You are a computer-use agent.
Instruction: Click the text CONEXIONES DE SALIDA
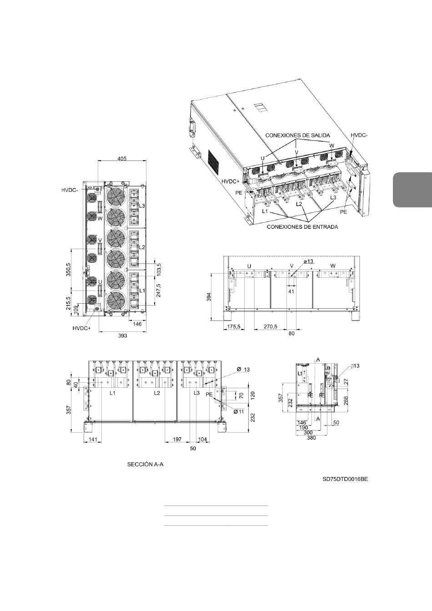[297, 135]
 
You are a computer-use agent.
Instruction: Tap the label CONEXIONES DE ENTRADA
[302, 227]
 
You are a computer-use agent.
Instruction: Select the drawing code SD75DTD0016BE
[345, 486]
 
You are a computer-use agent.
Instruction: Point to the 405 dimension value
[122, 159]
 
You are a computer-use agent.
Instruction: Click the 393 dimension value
[122, 336]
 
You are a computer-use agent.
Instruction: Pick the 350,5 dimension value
[68, 270]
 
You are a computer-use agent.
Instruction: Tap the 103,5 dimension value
[158, 270]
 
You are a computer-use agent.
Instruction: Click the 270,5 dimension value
[271, 326]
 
